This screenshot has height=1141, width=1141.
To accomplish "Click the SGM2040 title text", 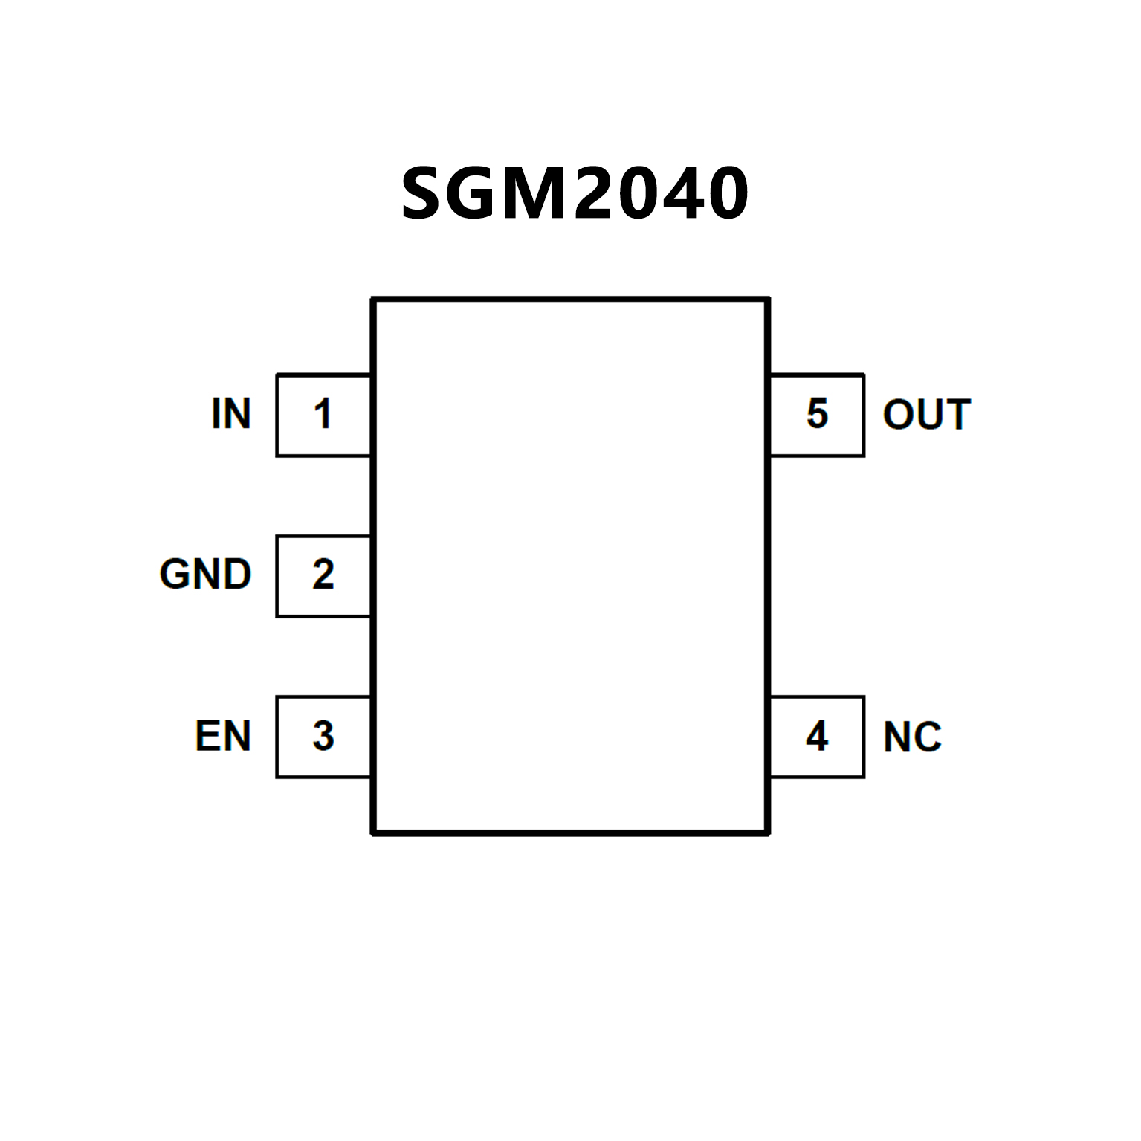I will pyautogui.click(x=574, y=193).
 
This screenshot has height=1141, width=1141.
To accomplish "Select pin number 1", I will pyautogui.click(x=323, y=414).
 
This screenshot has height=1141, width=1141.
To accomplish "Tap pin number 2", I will pyautogui.click(x=323, y=575).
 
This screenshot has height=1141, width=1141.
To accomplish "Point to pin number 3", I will pyautogui.click(x=323, y=736).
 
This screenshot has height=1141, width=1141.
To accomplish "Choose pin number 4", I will pyautogui.click(x=817, y=736).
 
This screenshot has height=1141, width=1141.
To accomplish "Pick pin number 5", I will pyautogui.click(x=817, y=414).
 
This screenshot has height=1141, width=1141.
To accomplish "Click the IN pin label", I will pyautogui.click(x=231, y=414).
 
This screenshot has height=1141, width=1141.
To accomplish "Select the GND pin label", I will pyautogui.click(x=206, y=575).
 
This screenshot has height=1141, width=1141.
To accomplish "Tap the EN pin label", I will pyautogui.click(x=223, y=736).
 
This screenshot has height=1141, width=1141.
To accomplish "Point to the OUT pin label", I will pyautogui.click(x=926, y=415).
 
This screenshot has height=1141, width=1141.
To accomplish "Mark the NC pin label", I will pyautogui.click(x=912, y=737).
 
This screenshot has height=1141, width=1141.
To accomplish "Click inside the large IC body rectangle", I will pyautogui.click(x=570, y=565).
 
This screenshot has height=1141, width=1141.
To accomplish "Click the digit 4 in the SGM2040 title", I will pyautogui.click(x=679, y=193).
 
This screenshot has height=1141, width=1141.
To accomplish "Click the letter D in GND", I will pyautogui.click(x=237, y=575).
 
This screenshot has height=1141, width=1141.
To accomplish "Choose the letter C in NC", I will pyautogui.click(x=928, y=737).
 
